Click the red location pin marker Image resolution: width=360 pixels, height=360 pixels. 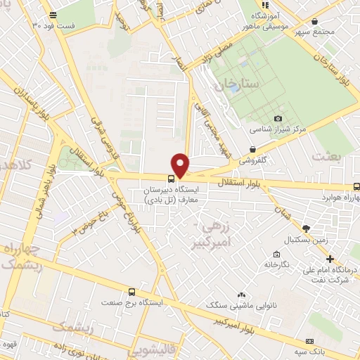(181, 165)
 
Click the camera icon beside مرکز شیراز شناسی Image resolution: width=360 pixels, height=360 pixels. (278, 118)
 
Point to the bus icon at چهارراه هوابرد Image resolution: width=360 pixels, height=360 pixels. (356, 187)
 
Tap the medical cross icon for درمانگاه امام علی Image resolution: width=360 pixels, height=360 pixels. (330, 259)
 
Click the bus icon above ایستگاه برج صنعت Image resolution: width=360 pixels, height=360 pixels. (131, 292)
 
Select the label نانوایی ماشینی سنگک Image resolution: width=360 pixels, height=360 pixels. (233, 304)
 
